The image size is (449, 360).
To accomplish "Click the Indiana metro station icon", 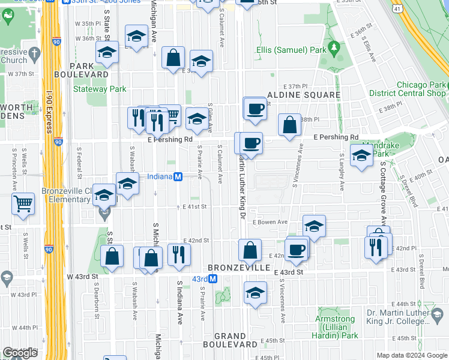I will pyautogui.click(x=178, y=177).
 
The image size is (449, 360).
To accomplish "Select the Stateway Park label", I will pyautogui.click(x=100, y=89).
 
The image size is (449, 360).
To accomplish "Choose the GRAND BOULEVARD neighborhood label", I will pyautogui.click(x=230, y=340).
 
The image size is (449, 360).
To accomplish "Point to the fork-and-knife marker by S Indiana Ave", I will pyautogui.click(x=179, y=254).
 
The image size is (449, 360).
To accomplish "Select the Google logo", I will pyautogui.click(x=20, y=353).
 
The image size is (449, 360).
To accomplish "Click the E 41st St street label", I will pyautogui.click(x=194, y=206).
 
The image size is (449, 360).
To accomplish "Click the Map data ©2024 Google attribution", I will pyautogui.click(x=411, y=355).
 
